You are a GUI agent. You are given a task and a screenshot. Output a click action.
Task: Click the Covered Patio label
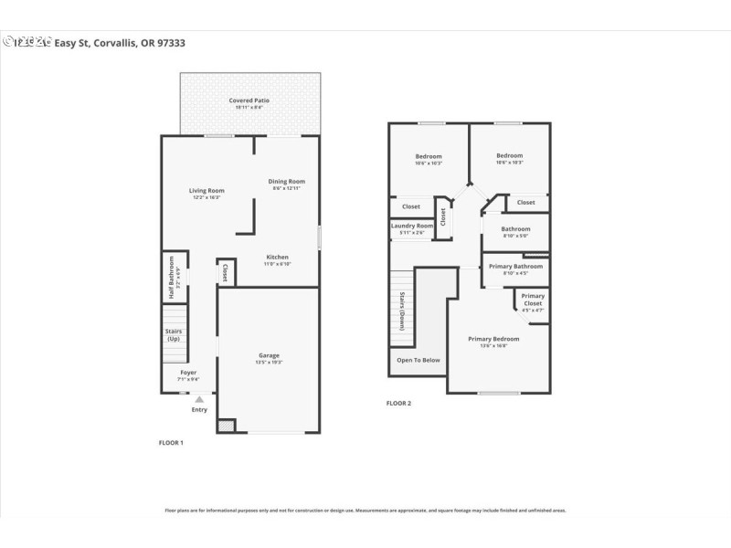pos(249,100)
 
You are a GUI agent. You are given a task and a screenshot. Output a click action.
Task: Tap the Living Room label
pos(207,191)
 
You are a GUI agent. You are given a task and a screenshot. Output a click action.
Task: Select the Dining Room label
pos(287,182)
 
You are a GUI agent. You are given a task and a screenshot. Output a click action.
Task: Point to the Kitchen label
pos(278,258)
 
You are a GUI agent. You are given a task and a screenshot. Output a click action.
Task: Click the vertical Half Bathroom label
pos(171,278)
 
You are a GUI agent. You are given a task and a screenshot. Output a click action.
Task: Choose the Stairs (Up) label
pos(174,334)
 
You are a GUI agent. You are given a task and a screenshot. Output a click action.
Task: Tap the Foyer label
pos(187,373)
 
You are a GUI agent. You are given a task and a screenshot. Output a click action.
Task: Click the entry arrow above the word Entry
pos(199,399)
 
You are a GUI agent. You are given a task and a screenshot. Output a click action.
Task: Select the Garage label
pos(269,355)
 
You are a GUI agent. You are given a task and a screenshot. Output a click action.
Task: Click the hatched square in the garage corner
pos(226,426)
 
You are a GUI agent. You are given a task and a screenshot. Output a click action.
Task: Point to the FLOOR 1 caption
pos(171,443)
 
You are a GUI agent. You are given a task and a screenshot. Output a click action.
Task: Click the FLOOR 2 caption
pos(398,403)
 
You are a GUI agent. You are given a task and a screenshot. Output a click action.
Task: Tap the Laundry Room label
pos(411,226)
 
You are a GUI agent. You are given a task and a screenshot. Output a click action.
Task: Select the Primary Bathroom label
pos(515,267)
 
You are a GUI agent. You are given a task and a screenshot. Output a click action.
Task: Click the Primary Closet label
pos(533,299)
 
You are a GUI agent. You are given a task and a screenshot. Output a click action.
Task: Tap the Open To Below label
pos(418,360)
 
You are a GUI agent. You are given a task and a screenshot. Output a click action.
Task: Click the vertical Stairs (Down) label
pos(401,311)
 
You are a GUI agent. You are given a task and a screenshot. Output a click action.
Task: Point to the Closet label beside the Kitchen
pos(226,272)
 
